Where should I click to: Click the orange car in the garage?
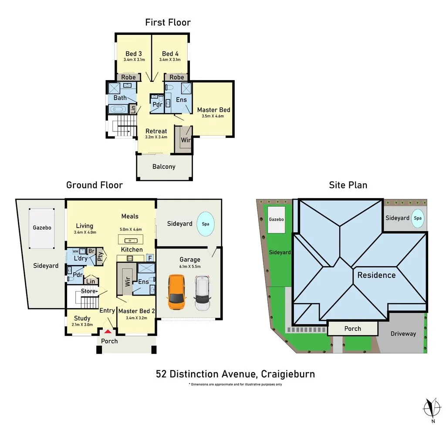pos(176,292)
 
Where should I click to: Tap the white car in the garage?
pos(202,293)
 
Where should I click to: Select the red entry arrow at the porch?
pos(108,331)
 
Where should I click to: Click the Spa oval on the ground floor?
pos(206,224)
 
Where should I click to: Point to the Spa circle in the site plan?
pos(418,218)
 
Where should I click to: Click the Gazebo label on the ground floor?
pos(42,228)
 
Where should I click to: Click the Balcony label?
pos(164,167)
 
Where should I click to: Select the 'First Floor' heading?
pos(168,23)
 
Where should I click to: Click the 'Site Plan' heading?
pos(348,185)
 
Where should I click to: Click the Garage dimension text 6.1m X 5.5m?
pos(190,266)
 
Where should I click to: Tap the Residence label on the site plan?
pos(377,275)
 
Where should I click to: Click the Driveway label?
pos(403,334)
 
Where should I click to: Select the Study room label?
pos(82,319)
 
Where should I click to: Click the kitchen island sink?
pos(131,241)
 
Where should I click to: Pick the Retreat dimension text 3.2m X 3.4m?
pos(156,137)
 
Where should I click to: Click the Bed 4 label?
pos(170,54)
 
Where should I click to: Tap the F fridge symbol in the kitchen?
pos(150,258)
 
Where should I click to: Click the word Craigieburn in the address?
pos(288,374)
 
